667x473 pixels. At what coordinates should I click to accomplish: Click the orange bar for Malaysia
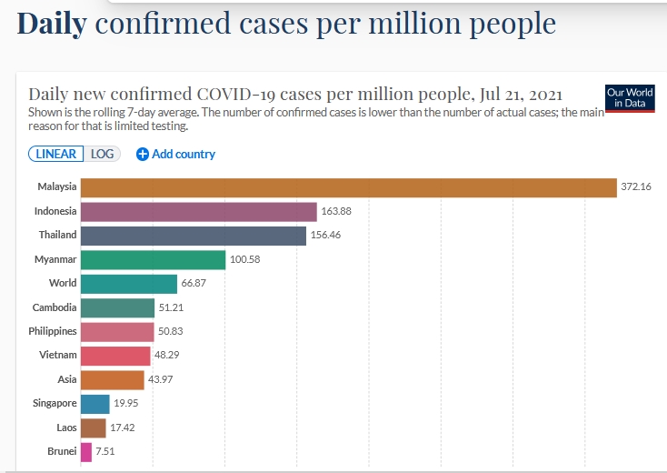[348, 188]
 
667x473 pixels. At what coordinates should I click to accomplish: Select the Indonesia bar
[198, 212]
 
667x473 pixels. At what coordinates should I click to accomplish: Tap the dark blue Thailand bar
[193, 236]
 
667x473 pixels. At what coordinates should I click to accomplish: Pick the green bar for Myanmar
[153, 260]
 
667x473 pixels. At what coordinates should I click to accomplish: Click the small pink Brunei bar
[86, 451]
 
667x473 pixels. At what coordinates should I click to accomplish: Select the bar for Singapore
[95, 404]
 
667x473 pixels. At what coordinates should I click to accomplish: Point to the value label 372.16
[636, 188]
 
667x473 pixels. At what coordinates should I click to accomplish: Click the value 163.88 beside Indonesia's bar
[336, 212]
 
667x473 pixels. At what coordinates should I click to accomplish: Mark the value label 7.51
[105, 451]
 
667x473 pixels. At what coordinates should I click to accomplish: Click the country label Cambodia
[55, 307]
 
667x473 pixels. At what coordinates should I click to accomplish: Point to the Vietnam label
[58, 356]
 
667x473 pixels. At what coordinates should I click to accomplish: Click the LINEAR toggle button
[56, 154]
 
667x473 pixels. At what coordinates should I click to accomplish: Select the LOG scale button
[103, 154]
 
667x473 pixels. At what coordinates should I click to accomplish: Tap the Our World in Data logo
[629, 97]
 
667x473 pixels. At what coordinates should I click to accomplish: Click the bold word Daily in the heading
[52, 25]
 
